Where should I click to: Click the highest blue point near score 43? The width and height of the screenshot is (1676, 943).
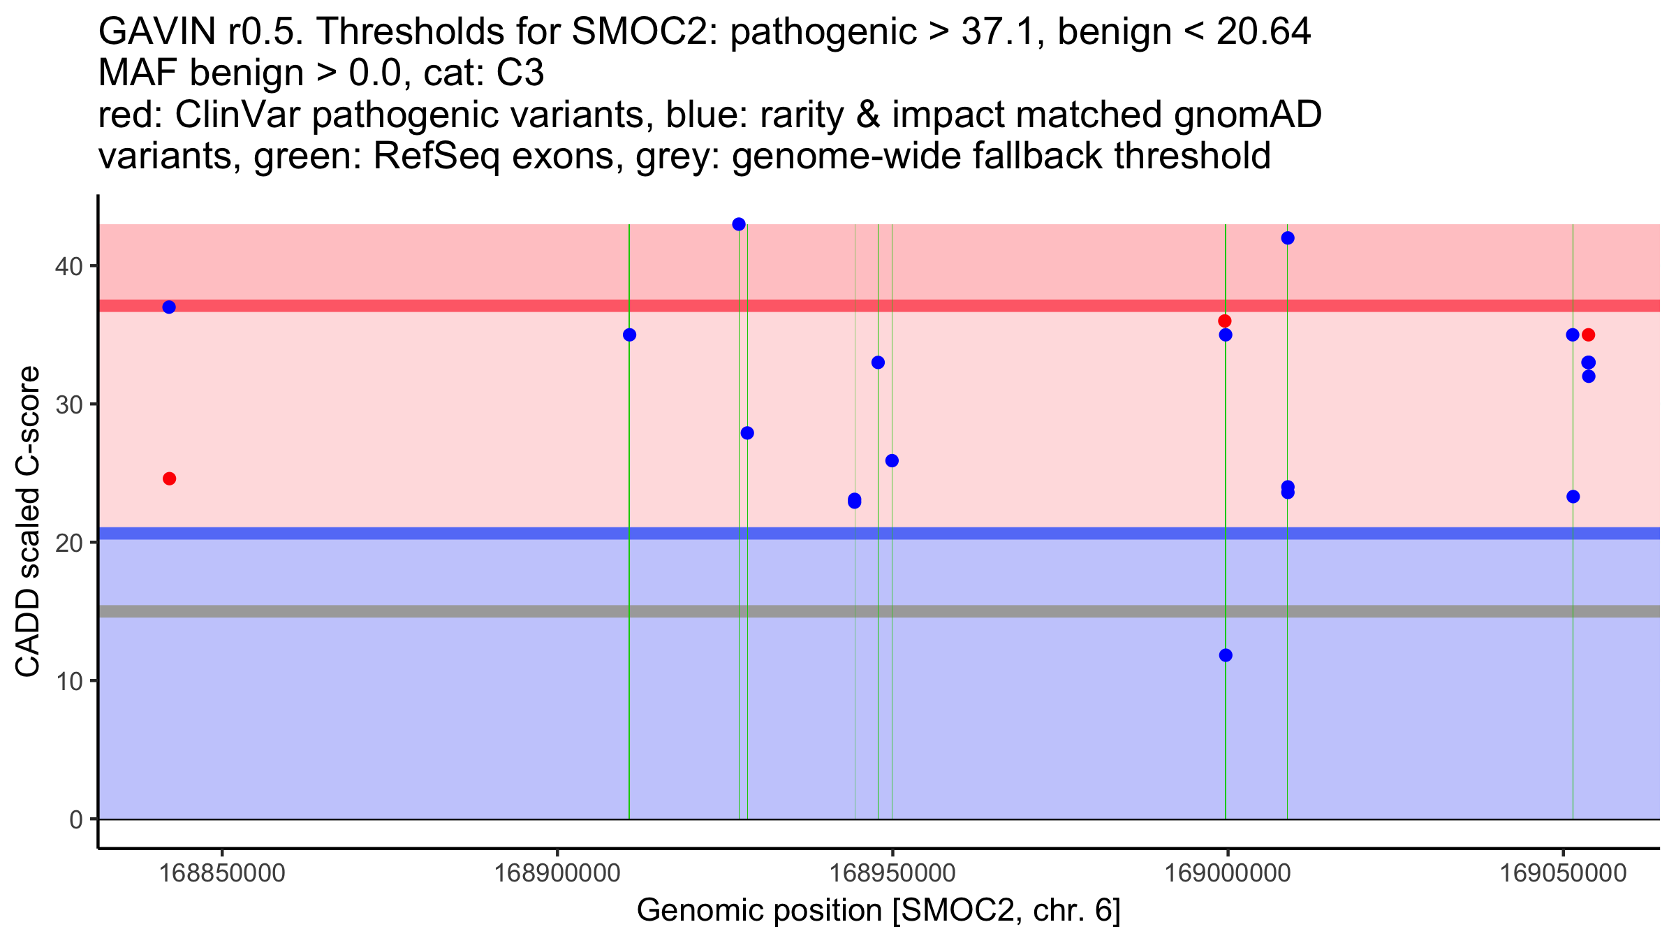click(x=739, y=224)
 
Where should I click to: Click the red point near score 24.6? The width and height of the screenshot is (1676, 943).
click(x=169, y=478)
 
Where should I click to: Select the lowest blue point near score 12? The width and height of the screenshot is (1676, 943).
click(x=1226, y=655)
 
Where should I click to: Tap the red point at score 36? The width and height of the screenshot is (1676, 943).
click(x=1225, y=321)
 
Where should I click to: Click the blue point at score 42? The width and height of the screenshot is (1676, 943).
click(x=1288, y=238)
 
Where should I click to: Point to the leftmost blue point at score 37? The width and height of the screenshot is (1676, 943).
click(x=169, y=307)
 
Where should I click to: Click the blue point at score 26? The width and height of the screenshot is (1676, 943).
click(x=892, y=461)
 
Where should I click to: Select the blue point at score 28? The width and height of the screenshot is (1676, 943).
click(x=747, y=433)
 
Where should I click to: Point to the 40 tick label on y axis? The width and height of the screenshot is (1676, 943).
click(x=68, y=267)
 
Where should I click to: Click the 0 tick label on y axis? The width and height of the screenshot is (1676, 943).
click(x=75, y=819)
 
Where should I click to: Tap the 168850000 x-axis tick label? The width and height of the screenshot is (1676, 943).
click(x=223, y=874)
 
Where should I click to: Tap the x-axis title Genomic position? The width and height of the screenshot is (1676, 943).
click(x=879, y=911)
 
